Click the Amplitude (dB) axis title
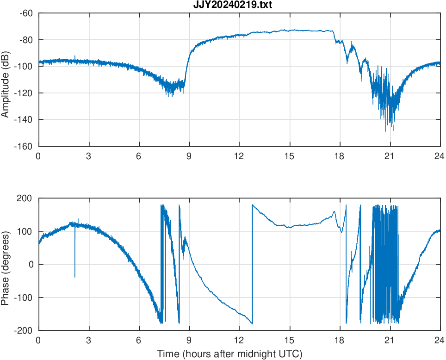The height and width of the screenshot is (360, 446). click(x=6, y=80)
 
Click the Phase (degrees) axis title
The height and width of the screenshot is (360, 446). click(x=6, y=264)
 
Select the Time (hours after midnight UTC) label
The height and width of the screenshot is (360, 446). click(x=229, y=354)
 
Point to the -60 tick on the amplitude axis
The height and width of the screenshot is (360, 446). click(x=26, y=13)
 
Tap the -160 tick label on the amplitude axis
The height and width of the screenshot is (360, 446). click(x=24, y=146)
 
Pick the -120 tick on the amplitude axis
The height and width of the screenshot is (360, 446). click(x=24, y=93)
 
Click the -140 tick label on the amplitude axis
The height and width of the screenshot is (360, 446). click(x=24, y=119)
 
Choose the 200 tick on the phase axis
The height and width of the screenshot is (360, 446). click(x=27, y=199)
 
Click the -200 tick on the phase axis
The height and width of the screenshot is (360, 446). click(x=25, y=330)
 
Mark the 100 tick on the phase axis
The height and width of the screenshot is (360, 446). click(x=27, y=231)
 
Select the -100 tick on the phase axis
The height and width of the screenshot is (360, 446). click(x=25, y=298)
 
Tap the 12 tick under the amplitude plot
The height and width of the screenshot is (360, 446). click(x=239, y=156)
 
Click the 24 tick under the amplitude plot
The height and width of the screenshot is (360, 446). click(x=440, y=156)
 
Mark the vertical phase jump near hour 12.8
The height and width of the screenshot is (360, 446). click(x=252, y=264)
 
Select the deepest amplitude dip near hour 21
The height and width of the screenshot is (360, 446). click(x=386, y=130)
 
